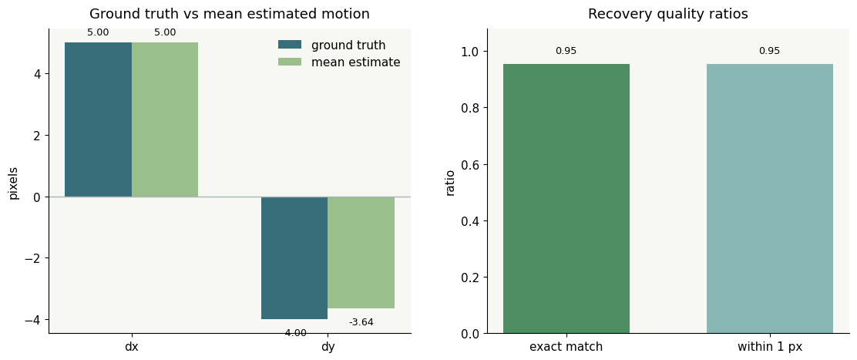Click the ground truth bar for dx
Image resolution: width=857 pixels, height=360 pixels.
[x=99, y=119]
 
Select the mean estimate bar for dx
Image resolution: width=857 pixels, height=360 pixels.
[x=164, y=119]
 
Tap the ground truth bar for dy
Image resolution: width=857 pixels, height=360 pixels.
[x=294, y=257]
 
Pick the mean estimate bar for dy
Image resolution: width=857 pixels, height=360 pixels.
[x=361, y=252]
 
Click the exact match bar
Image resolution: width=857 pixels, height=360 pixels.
[x=566, y=199]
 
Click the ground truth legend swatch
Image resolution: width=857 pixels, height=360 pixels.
[x=290, y=45]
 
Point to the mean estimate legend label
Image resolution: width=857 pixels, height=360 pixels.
[x=356, y=62]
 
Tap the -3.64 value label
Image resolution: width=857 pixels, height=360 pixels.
[x=361, y=322]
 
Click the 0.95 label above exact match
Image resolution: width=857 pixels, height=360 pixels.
[x=566, y=52]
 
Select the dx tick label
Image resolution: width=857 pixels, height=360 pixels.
[x=131, y=346]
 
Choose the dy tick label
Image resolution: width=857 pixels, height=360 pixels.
[x=328, y=347]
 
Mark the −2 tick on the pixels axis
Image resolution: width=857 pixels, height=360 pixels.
[x=33, y=257]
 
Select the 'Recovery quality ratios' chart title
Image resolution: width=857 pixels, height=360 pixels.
[x=668, y=14]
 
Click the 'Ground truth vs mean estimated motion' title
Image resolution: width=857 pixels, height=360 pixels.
[x=230, y=14]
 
